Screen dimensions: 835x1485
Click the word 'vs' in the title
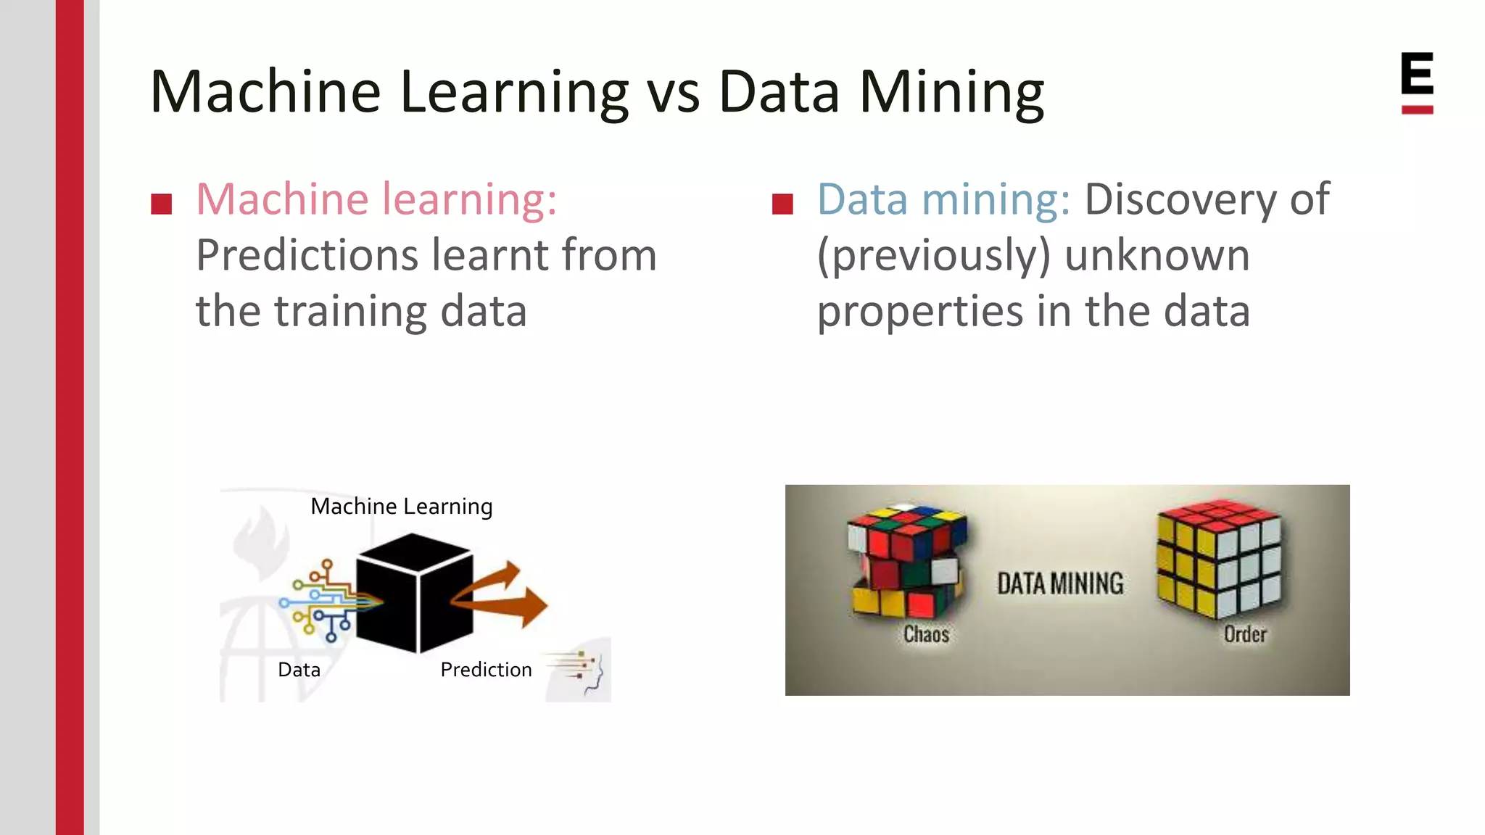click(x=673, y=94)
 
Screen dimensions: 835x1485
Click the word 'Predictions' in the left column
click(x=307, y=256)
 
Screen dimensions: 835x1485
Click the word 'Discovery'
click(x=1179, y=199)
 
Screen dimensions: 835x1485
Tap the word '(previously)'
click(x=933, y=256)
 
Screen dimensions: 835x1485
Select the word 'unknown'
click(x=1157, y=256)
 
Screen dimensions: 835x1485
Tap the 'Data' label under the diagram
click(x=299, y=670)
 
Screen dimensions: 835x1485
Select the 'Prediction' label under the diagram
click(x=486, y=670)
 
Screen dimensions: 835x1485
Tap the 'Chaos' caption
click(x=926, y=634)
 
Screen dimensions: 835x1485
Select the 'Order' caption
click(x=1245, y=634)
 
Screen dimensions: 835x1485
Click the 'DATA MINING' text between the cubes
click(x=1060, y=583)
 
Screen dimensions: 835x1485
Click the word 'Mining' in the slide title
click(x=951, y=94)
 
